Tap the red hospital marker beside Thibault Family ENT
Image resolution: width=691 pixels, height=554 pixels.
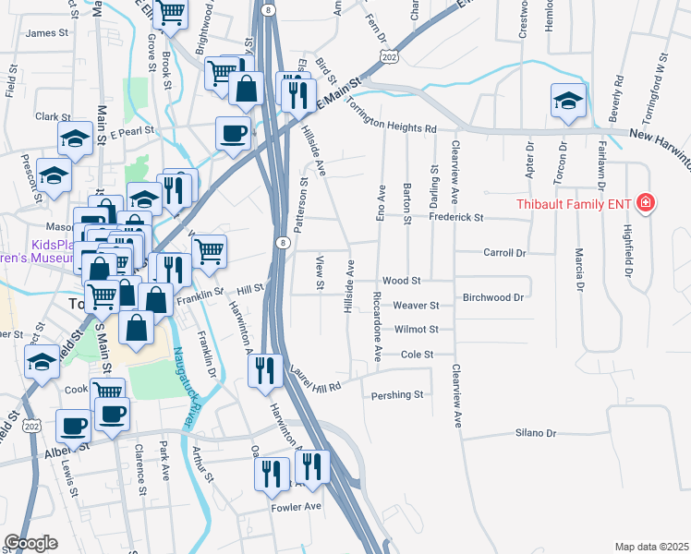pyautogui.click(x=645, y=202)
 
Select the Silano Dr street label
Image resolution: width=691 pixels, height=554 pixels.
pyautogui.click(x=536, y=432)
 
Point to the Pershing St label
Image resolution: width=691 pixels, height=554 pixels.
pyautogui.click(x=396, y=395)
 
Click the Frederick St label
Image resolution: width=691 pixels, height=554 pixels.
pyautogui.click(x=456, y=218)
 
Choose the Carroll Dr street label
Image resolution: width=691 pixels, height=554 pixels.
pyautogui.click(x=504, y=252)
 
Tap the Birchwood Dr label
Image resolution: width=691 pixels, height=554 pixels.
pyautogui.click(x=493, y=297)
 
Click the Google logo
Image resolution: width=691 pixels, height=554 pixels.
pyautogui.click(x=31, y=542)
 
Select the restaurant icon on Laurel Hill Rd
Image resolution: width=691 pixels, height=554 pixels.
pyautogui.click(x=265, y=370)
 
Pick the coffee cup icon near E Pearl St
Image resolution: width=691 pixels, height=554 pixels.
pyautogui.click(x=233, y=132)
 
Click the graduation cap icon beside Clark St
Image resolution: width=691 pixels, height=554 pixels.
pyautogui.click(x=75, y=139)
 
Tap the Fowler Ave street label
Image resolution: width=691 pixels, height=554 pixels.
pyautogui.click(x=296, y=506)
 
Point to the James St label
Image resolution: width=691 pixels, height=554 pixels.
pyautogui.click(x=48, y=32)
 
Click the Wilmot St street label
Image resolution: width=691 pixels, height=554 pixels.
pyautogui.click(x=415, y=329)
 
